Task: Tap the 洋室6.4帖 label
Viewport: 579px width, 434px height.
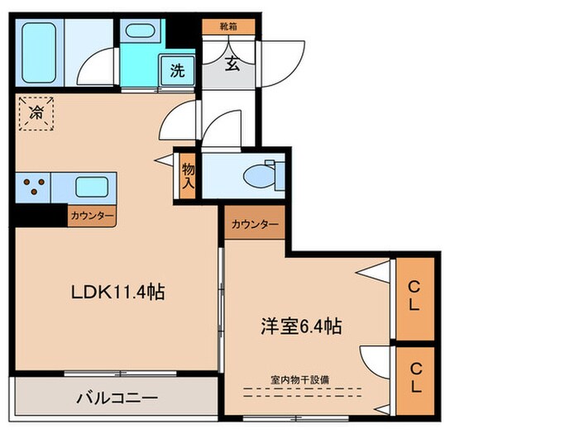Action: (298, 327)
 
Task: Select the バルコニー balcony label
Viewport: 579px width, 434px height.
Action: (117, 397)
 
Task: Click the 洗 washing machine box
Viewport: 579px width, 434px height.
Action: (176, 70)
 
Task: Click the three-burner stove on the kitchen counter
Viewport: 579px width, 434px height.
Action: (33, 186)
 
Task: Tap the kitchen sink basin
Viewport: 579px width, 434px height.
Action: (93, 186)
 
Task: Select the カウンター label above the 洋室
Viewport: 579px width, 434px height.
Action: (255, 223)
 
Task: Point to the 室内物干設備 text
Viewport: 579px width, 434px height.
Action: (299, 379)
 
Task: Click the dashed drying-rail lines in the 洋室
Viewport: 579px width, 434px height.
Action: (299, 393)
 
